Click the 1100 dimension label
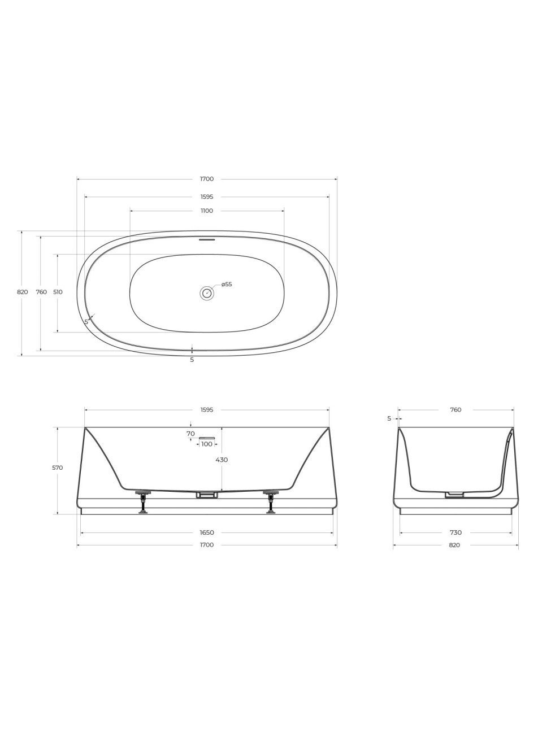(x=207, y=211)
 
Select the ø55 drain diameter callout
(x=226, y=285)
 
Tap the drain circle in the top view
(x=207, y=293)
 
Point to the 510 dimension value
(x=58, y=292)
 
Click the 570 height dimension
(x=58, y=468)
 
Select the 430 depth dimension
(x=222, y=460)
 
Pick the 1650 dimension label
(x=207, y=532)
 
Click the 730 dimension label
(x=455, y=532)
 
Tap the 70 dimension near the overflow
(x=190, y=434)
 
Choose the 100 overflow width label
(x=207, y=444)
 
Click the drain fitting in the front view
(x=207, y=495)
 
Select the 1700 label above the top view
(x=207, y=179)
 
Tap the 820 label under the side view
(x=455, y=545)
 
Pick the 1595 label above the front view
(x=207, y=410)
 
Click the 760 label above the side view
(x=455, y=410)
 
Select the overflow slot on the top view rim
(x=207, y=239)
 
